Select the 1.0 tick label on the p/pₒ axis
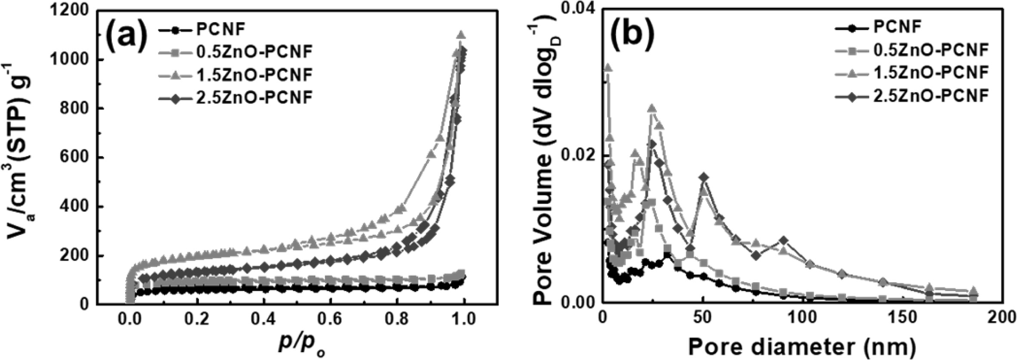[465, 320]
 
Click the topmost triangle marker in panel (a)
[461, 34]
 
